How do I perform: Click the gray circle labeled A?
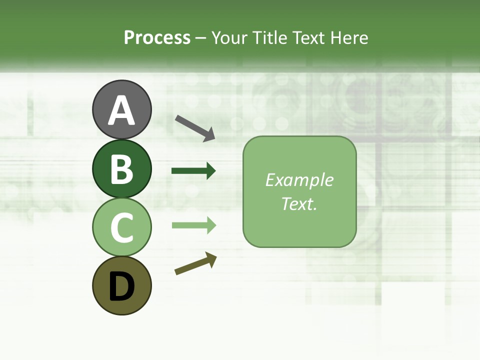(x=121, y=109)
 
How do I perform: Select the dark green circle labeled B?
(x=121, y=168)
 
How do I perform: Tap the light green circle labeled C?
(x=121, y=227)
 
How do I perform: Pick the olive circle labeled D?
(x=121, y=285)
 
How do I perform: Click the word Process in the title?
(x=157, y=38)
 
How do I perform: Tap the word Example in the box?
(x=299, y=180)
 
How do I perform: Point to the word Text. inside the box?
(x=299, y=203)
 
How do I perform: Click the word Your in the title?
(x=229, y=38)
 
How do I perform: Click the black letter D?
(x=121, y=287)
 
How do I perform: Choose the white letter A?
(x=121, y=110)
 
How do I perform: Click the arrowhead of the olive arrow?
(x=211, y=259)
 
